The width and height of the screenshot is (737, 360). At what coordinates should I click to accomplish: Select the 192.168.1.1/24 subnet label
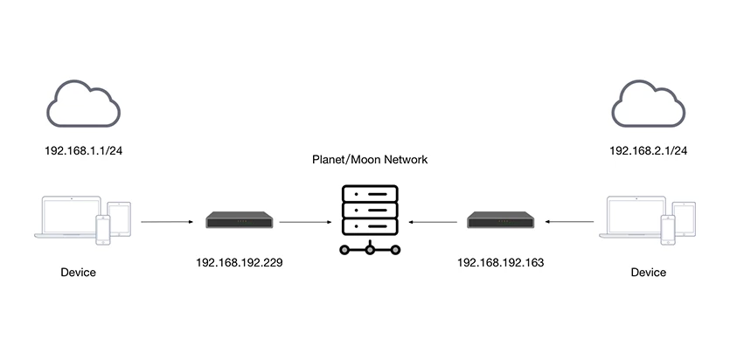tap(84, 151)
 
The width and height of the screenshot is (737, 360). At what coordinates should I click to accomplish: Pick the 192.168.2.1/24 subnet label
tap(648, 151)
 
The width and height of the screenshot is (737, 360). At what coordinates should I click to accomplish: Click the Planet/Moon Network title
tap(370, 160)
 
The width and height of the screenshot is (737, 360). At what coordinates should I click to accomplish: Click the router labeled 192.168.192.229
tap(240, 220)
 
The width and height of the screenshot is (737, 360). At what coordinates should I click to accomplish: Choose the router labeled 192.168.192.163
tap(501, 220)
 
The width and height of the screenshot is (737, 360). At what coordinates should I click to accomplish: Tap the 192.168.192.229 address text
tap(240, 263)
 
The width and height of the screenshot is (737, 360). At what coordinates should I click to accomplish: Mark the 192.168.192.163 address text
tap(501, 263)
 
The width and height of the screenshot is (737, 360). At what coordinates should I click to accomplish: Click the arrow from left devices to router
tap(167, 221)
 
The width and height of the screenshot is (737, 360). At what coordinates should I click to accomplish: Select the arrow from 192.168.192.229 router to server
tap(305, 221)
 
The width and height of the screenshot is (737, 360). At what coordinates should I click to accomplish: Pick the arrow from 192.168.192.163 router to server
tap(433, 221)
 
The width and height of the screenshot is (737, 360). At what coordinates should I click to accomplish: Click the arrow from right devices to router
tap(570, 221)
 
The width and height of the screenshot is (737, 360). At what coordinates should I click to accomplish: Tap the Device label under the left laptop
tap(78, 273)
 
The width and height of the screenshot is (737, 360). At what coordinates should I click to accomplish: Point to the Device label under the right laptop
tap(648, 273)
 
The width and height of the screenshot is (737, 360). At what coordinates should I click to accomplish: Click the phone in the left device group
tap(103, 230)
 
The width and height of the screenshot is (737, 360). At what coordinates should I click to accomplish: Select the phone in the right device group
tap(668, 230)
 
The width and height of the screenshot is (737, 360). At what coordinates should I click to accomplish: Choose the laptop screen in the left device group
tap(72, 214)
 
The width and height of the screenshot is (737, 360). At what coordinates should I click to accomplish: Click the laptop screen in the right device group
tap(636, 214)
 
